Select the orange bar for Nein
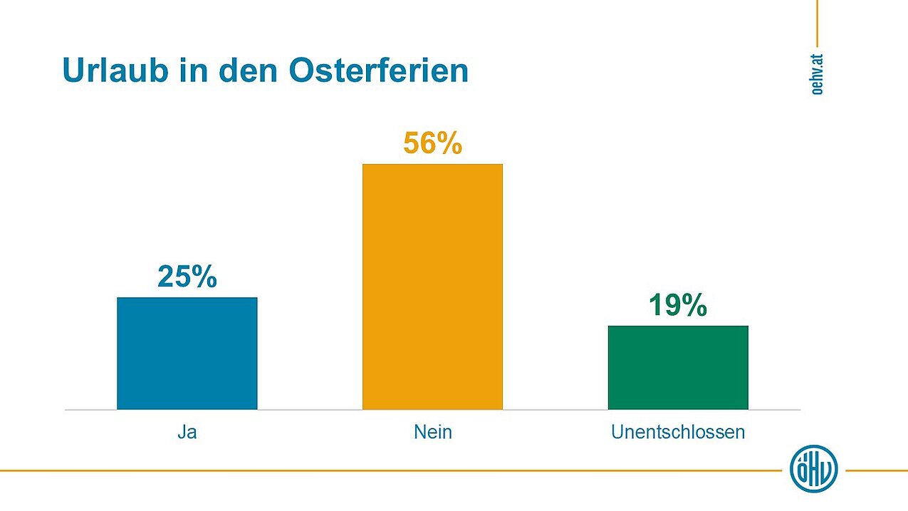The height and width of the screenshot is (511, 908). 432,287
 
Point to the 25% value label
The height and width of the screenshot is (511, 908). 187,277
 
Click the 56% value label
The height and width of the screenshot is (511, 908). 432,144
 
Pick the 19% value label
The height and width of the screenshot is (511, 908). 677,306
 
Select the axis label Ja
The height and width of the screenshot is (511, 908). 187,432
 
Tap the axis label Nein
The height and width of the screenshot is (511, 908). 432,432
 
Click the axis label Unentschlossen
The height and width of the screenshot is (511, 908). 678,432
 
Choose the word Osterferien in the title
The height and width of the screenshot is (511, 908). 379,71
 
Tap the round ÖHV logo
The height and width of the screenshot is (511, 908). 814,469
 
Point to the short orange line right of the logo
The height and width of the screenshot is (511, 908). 877,470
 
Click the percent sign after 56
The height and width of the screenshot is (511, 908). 449,144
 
